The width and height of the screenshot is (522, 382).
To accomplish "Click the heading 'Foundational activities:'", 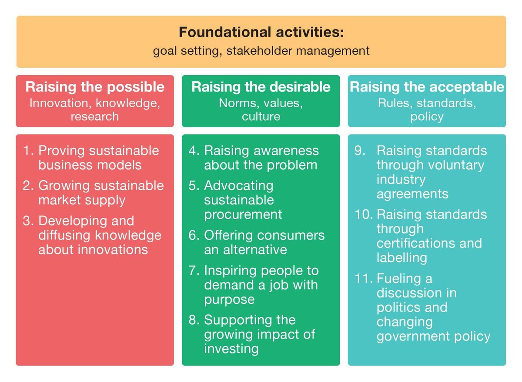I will pyautogui.click(x=261, y=33).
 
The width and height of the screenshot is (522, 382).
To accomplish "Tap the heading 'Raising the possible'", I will pyautogui.click(x=95, y=87).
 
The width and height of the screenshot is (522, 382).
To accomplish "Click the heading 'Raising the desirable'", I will pyautogui.click(x=261, y=87).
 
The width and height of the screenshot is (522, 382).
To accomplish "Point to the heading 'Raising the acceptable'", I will pyautogui.click(x=427, y=87).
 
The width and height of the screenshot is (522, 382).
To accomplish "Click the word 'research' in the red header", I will pyautogui.click(x=95, y=116).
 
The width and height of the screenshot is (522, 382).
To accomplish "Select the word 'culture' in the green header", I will pyautogui.click(x=261, y=116).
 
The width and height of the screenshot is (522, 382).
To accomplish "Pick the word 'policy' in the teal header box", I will pyautogui.click(x=427, y=116).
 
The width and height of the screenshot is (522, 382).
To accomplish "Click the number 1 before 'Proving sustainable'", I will pyautogui.click(x=28, y=151).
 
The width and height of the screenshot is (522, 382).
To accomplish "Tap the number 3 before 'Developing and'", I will pyautogui.click(x=28, y=221).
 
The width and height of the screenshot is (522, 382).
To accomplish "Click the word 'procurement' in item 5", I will pyautogui.click(x=243, y=214).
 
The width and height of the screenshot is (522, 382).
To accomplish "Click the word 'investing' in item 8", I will pyautogui.click(x=231, y=349).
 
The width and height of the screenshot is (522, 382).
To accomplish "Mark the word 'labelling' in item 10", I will pyautogui.click(x=402, y=257).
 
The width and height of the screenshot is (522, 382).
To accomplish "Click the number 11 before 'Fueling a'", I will pyautogui.click(x=361, y=278).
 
